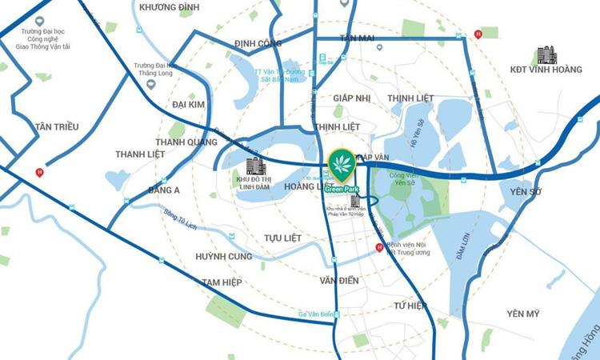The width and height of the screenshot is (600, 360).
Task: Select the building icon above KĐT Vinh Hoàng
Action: (x=547, y=54)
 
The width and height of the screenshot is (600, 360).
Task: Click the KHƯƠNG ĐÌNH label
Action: (x=169, y=7)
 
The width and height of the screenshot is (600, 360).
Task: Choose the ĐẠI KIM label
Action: (x=189, y=104)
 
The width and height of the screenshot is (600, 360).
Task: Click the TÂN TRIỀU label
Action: (x=55, y=126)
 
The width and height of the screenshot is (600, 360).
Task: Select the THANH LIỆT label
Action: (x=139, y=154)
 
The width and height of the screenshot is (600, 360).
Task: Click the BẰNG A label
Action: (x=164, y=190)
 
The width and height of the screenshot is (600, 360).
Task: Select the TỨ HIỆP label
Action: (x=410, y=306)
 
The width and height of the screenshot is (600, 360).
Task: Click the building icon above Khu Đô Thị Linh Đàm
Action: (x=255, y=166)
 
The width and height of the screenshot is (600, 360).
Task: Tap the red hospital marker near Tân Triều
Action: (x=39, y=173)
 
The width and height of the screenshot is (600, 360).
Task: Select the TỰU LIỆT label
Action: (x=283, y=238)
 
